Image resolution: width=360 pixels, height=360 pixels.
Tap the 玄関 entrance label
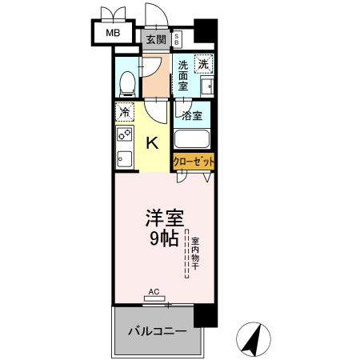(x=155, y=38)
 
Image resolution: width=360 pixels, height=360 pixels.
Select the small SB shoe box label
(x=177, y=38)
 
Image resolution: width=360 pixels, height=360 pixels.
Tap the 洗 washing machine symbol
(x=205, y=65)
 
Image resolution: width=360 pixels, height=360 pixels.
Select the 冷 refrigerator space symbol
(x=125, y=112)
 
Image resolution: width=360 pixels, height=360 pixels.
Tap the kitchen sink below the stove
(x=124, y=158)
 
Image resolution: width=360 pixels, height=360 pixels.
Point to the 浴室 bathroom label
(x=192, y=115)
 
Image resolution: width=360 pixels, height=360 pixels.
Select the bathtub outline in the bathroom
(x=193, y=138)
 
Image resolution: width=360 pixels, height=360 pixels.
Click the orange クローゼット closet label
(x=194, y=161)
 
